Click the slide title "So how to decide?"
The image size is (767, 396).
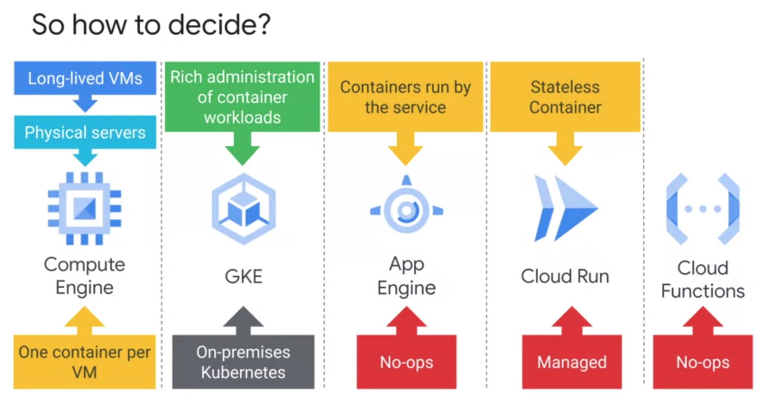coord(151,24)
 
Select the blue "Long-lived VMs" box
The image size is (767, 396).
coord(85,78)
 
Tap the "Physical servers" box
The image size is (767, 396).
coord(85,133)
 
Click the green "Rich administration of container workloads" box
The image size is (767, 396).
coord(242,97)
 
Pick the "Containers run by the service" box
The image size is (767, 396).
coord(405,97)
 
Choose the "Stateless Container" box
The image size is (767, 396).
coord(565,97)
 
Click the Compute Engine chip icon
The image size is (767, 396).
coord(84,208)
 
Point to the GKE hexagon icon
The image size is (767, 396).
coord(244,209)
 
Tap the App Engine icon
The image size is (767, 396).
coord(407,209)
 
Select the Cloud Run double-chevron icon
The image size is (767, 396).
coord(565,208)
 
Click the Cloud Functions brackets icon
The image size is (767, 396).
coord(702,209)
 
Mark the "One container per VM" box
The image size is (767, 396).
coord(84,362)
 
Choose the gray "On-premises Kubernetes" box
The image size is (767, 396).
coord(243,362)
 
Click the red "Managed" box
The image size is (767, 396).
coord(572,362)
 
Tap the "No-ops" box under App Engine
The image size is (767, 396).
coord(407,362)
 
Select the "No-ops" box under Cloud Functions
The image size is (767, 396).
coord(702,362)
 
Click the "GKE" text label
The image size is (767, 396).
coord(244,276)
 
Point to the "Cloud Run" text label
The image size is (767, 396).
coord(565,276)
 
